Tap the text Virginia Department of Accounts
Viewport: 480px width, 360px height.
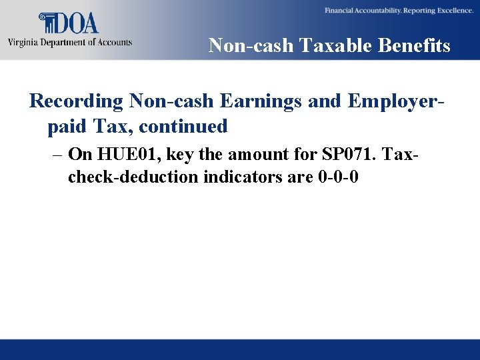click(x=70, y=42)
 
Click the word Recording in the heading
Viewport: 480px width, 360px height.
click(x=77, y=101)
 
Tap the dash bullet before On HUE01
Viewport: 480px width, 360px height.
click(x=57, y=155)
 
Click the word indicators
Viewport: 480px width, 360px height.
click(x=244, y=177)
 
